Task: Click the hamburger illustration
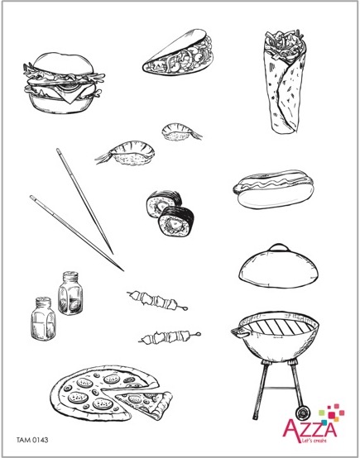[64, 83]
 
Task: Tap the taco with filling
[178, 53]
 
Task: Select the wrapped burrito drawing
[284, 82]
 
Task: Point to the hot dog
[273, 189]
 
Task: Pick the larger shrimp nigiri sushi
[127, 153]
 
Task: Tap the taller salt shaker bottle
[70, 293]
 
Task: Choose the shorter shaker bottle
[43, 319]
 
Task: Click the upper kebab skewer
[157, 300]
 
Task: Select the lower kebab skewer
[170, 337]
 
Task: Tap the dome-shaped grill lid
[278, 266]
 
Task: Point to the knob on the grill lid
[279, 247]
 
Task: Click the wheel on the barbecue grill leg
[301, 413]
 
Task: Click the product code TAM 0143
[32, 440]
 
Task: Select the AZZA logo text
[310, 428]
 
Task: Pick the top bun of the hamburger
[64, 64]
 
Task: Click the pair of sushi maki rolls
[170, 213]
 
